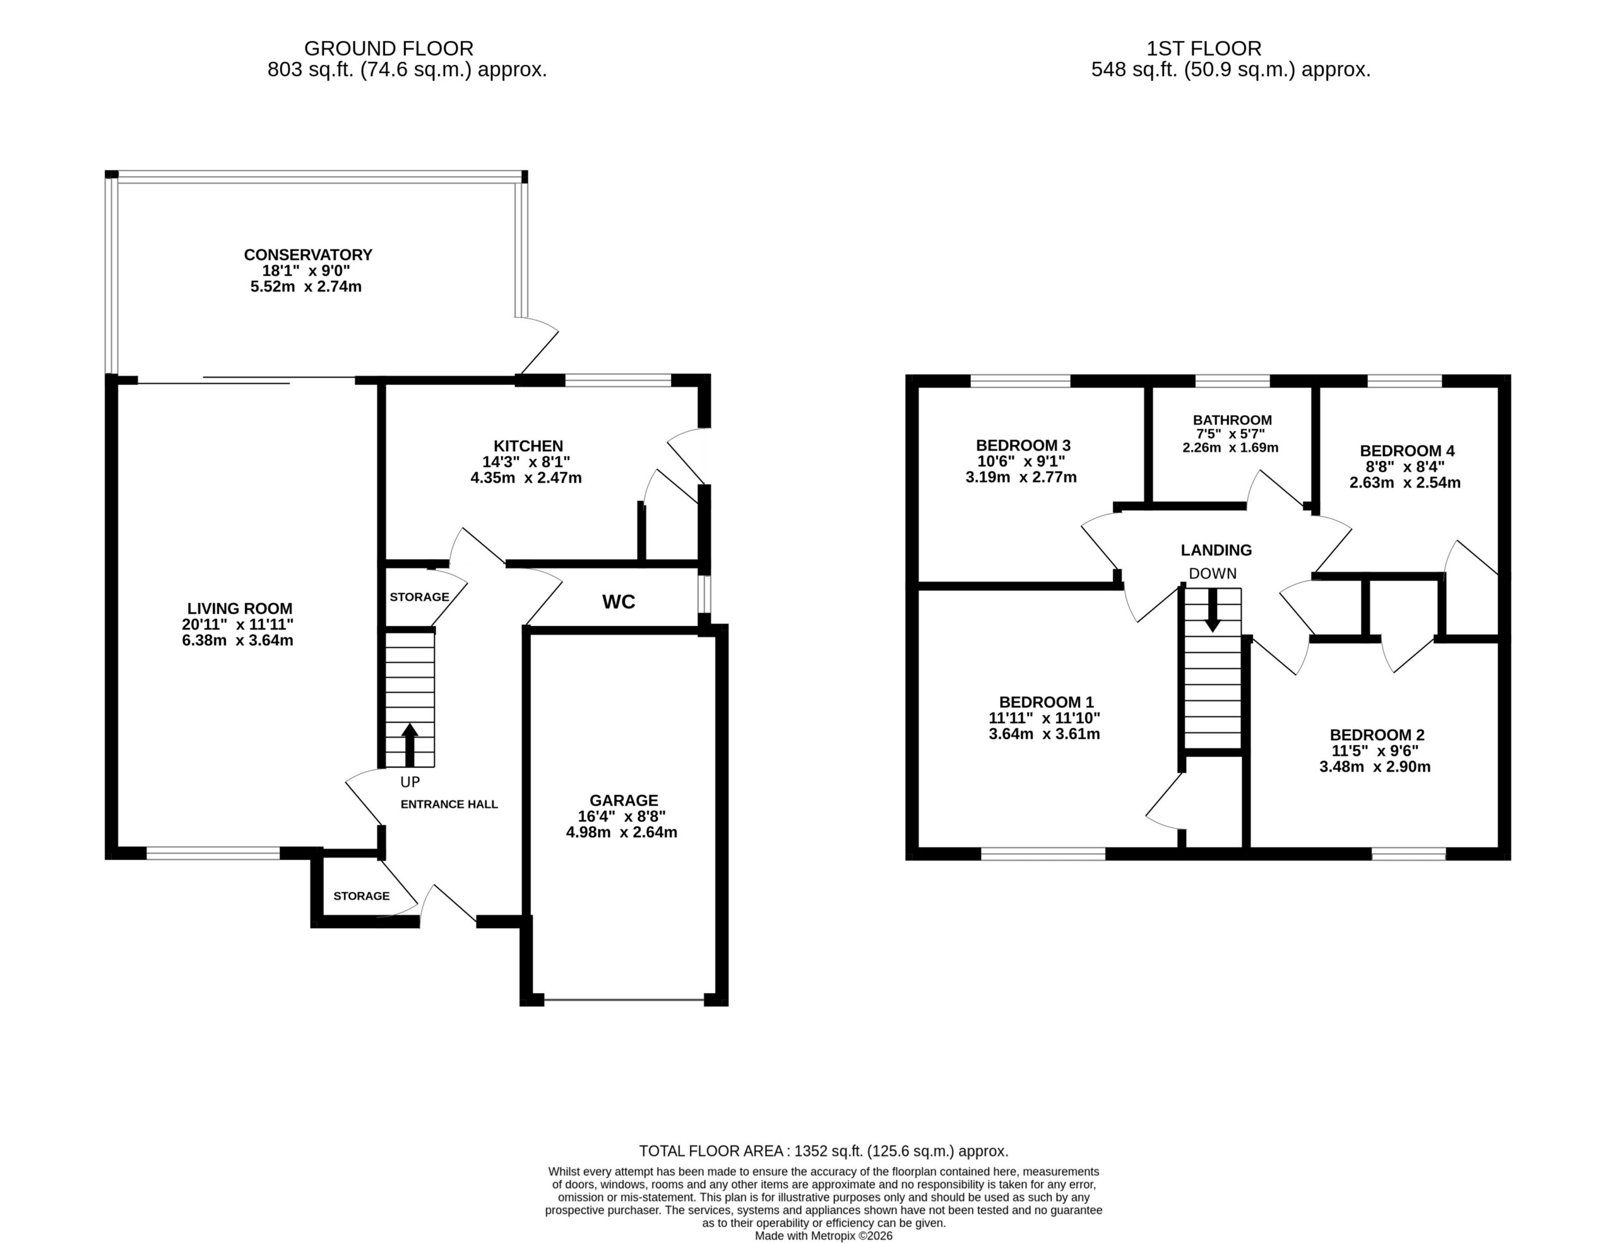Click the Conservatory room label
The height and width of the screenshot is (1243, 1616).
[308, 254]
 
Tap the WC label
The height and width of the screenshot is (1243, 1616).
[619, 602]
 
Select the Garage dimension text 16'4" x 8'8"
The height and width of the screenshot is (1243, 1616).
[622, 816]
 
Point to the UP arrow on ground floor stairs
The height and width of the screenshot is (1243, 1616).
[410, 745]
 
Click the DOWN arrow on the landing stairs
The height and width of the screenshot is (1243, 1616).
[1212, 610]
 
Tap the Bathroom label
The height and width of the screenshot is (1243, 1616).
[1232, 420]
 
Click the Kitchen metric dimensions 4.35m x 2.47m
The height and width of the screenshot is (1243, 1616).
[526, 478]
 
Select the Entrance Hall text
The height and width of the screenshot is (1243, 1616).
[449, 804]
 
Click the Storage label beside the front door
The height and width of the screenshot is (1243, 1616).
[361, 896]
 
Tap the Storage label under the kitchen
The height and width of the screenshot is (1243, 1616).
[420, 597]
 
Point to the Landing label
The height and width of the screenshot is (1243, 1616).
[1216, 550]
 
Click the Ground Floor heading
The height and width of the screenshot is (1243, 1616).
[388, 49]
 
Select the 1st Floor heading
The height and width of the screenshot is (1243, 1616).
[1203, 49]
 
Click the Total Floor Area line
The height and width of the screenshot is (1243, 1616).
[824, 1152]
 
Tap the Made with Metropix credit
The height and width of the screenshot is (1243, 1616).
[824, 1236]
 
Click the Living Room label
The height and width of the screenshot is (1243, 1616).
[240, 608]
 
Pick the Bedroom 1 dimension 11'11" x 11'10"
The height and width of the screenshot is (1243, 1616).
[1044, 718]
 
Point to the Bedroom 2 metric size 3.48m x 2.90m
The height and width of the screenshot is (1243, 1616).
[1375, 767]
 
